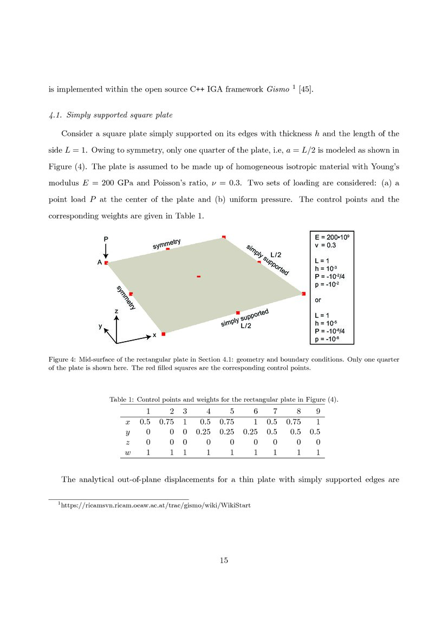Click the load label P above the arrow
coord(106,238)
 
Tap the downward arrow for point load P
coord(106,250)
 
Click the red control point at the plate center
coord(199,277)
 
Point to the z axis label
coord(116,311)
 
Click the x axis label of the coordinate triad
coord(154,335)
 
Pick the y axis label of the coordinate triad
coord(100,326)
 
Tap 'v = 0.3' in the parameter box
coord(325,245)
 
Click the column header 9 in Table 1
coord(318,411)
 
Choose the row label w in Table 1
coord(128,452)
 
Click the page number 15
coord(224,560)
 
